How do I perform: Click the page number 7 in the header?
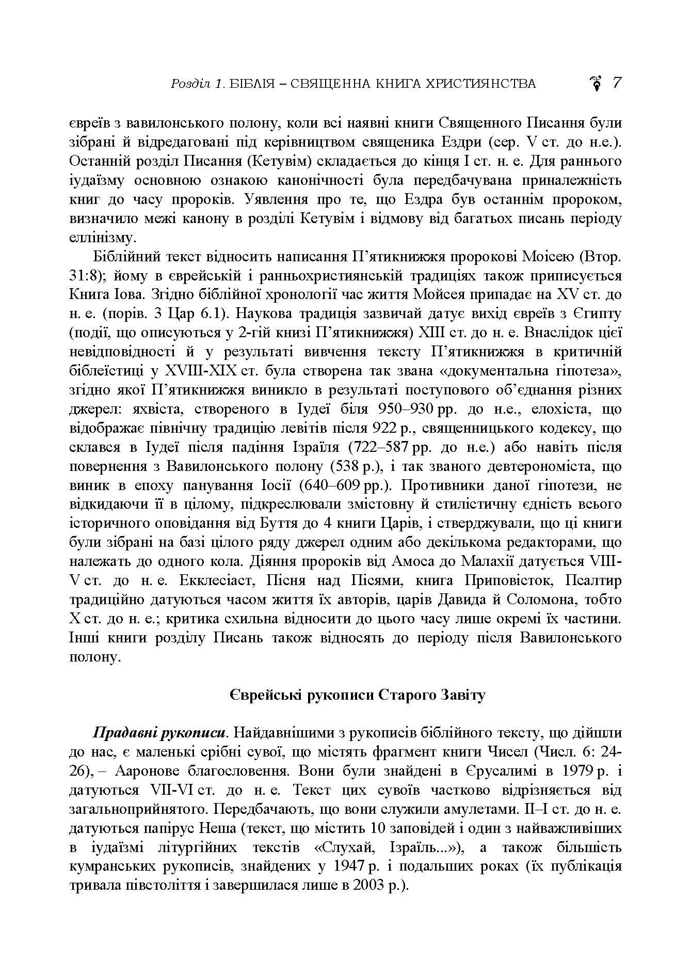[617, 83]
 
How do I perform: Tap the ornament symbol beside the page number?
[597, 83]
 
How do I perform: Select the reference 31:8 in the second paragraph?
[82, 275]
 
